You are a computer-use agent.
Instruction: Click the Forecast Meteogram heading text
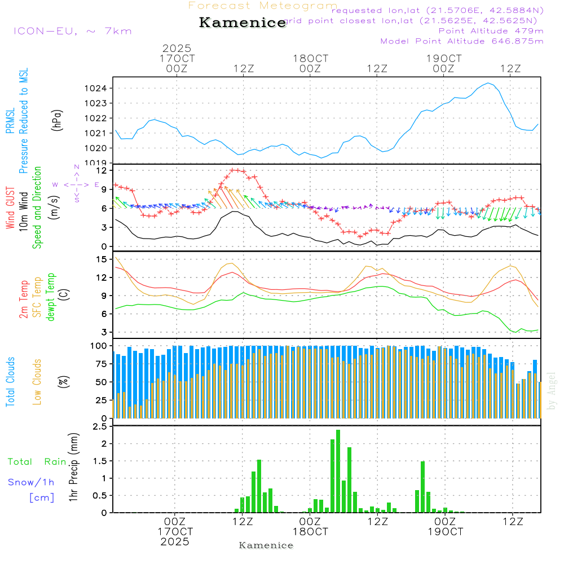[263, 6]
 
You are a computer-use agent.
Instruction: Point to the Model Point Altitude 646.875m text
[462, 41]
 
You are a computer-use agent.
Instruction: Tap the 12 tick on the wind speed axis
[102, 170]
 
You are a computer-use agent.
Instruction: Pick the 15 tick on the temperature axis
[102, 259]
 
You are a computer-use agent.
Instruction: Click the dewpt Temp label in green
[51, 297]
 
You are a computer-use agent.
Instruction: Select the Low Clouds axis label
[37, 382]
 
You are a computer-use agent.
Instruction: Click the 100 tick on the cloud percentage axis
[99, 345]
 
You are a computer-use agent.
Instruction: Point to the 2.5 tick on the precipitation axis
[100, 427]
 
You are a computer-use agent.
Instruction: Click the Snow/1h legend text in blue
[31, 483]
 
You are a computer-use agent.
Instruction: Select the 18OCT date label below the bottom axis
[310, 532]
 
